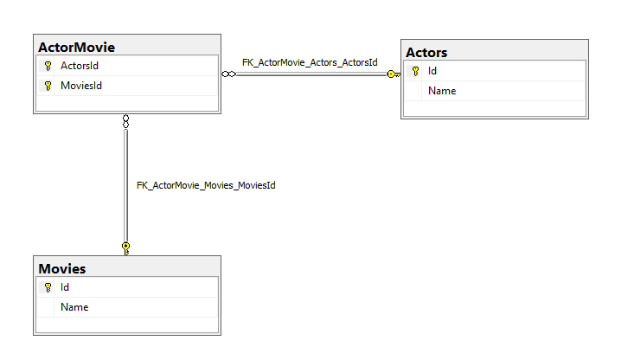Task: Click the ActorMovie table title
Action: [76, 47]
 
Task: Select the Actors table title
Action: [426, 53]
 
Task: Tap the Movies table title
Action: [61, 269]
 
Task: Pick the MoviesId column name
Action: [81, 85]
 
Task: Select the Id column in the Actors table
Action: [432, 72]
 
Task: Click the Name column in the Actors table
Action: [441, 91]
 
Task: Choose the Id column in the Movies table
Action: [65, 287]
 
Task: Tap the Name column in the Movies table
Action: [74, 306]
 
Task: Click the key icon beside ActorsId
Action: [48, 66]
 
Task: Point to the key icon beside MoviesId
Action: [48, 85]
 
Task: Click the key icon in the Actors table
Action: [415, 72]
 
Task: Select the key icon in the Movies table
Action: [48, 287]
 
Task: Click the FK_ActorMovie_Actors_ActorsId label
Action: [310, 62]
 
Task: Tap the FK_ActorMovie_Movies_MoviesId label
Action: [206, 185]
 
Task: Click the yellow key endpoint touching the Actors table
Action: [393, 74]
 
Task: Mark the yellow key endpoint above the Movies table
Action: [126, 248]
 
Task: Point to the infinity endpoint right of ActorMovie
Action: [228, 74]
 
